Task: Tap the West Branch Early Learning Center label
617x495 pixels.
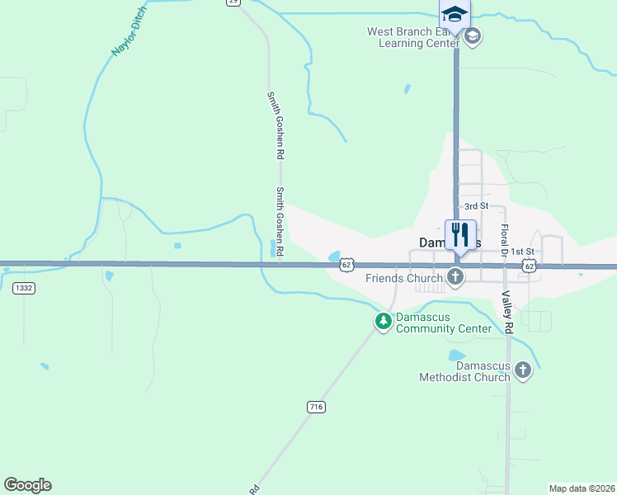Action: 412,38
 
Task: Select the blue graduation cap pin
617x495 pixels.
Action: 455,15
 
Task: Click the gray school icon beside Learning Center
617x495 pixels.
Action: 473,37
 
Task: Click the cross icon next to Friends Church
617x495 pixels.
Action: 455,278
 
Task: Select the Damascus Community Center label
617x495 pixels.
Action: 444,323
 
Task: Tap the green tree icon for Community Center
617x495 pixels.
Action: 384,321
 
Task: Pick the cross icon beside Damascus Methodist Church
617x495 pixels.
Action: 522,371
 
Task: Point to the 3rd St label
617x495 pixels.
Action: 476,205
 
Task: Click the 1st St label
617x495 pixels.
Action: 522,251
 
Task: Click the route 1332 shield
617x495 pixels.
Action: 23,288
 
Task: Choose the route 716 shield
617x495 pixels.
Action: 316,407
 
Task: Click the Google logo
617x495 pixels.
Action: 27,485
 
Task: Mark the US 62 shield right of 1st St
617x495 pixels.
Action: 530,265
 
